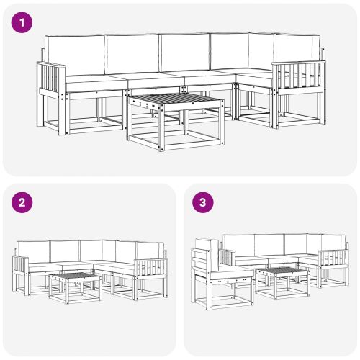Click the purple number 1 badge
pyautogui.click(x=24, y=23)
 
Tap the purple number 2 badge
pyautogui.click(x=24, y=203)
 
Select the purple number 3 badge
pyautogui.click(x=204, y=203)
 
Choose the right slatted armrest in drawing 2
pyautogui.click(x=148, y=269)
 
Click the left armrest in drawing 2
pyautogui.click(x=21, y=264)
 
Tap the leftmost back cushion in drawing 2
pyautogui.click(x=34, y=251)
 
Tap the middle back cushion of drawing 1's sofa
pyautogui.click(x=185, y=52)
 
